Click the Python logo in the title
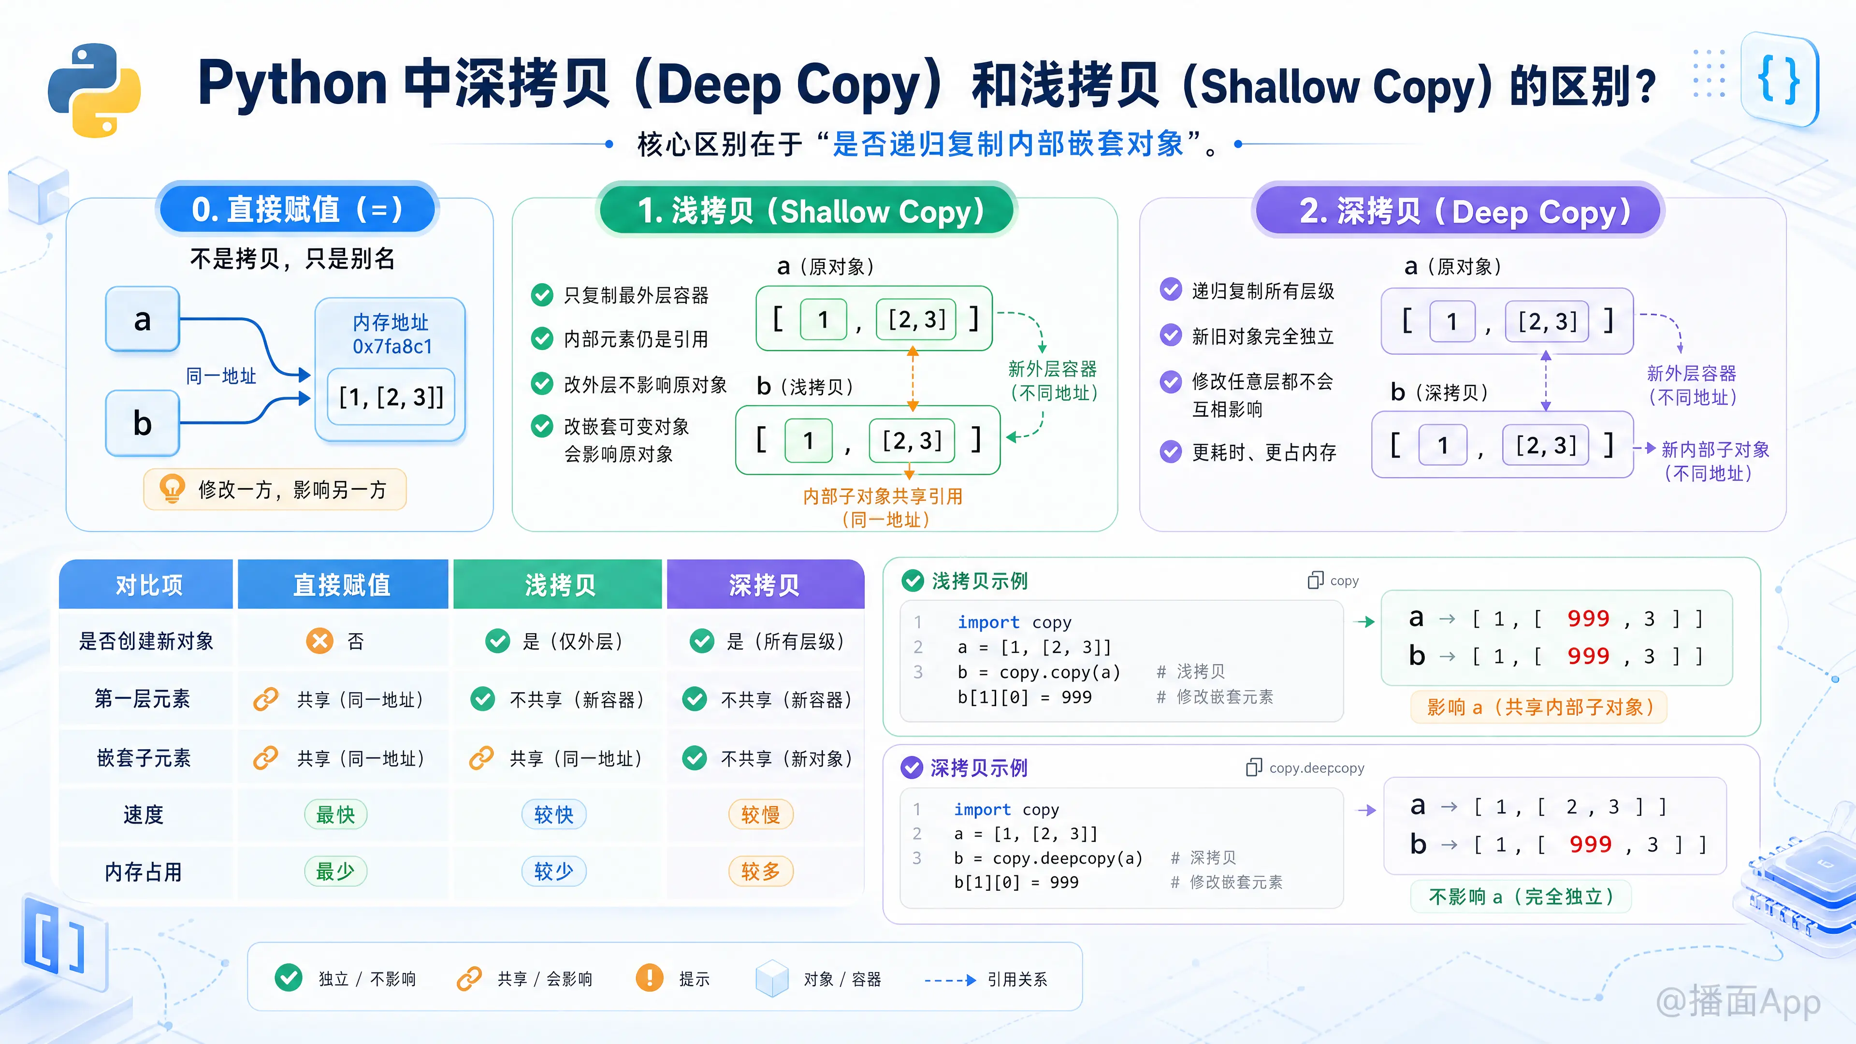[94, 90]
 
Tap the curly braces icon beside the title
[1779, 80]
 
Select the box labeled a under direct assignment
[143, 319]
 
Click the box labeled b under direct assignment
[143, 423]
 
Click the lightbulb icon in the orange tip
[172, 489]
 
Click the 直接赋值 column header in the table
[342, 584]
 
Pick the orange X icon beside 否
[319, 640]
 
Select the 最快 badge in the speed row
[336, 815]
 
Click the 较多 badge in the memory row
[761, 872]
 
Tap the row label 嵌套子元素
[144, 758]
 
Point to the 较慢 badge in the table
[761, 815]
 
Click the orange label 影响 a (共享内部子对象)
[1539, 707]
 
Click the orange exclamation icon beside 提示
[649, 978]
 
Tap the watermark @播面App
[1739, 1001]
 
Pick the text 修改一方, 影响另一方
[292, 490]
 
